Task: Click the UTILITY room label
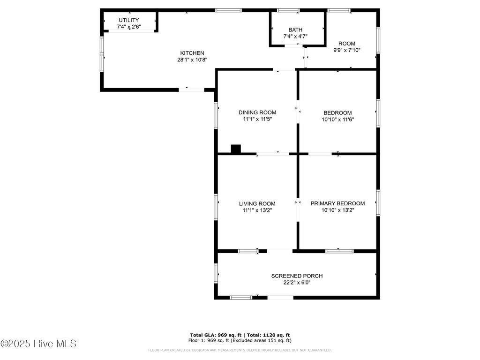tap(128, 20)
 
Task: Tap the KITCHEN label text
tap(192, 53)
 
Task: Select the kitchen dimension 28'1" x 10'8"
tap(192, 60)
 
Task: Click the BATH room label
tap(295, 30)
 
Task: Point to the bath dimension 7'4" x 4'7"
tap(295, 36)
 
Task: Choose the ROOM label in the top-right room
tap(347, 44)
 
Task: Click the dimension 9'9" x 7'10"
tap(347, 50)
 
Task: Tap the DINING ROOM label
tap(257, 112)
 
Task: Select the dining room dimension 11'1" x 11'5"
tap(257, 119)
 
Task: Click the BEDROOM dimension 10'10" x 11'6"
tap(337, 119)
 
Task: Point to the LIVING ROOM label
tap(257, 203)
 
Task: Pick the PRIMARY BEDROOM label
tap(337, 203)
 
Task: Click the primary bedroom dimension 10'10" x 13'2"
tap(337, 210)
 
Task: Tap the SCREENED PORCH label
tap(297, 276)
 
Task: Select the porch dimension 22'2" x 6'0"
tap(297, 282)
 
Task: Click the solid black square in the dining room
tap(236, 149)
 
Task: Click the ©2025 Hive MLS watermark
tap(38, 344)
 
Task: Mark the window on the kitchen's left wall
tap(102, 54)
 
